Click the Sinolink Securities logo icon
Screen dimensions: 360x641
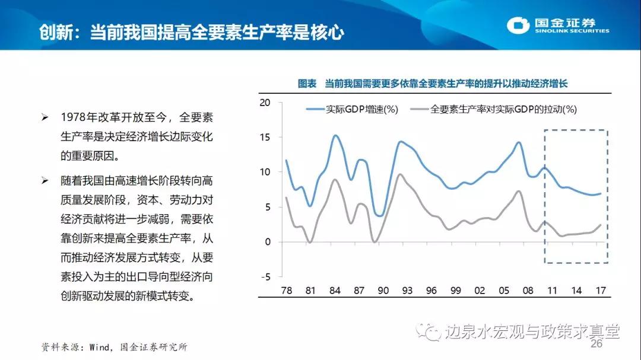click(x=518, y=25)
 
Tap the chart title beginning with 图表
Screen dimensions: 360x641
click(x=433, y=84)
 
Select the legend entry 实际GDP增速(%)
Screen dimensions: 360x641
click(x=352, y=109)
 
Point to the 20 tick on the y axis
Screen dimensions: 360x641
click(x=265, y=103)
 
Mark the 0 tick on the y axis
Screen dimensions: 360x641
click(x=268, y=242)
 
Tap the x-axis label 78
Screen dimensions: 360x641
click(x=286, y=291)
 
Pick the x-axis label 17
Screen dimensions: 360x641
click(x=601, y=291)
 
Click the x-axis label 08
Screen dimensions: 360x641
click(x=528, y=291)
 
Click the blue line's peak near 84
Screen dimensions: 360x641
click(x=335, y=136)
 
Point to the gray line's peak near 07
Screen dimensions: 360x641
click(x=518, y=191)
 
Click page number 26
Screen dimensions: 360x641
click(x=596, y=345)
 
